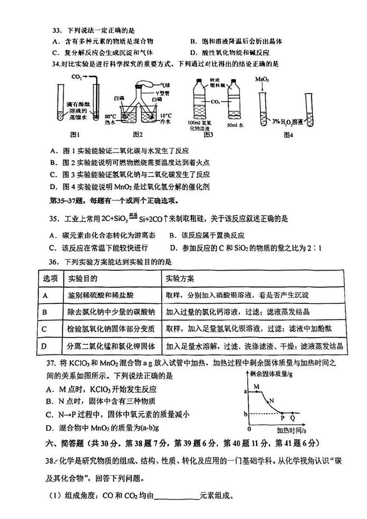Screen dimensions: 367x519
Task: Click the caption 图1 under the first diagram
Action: click(75, 135)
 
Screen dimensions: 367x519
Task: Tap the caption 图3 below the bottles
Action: click(208, 135)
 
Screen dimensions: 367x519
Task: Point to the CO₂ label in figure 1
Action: click(77, 78)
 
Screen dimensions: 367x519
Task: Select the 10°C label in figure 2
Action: click(165, 115)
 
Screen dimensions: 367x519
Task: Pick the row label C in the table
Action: click(45, 329)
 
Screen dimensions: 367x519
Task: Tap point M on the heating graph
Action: click(256, 386)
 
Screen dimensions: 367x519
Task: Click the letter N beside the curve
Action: click(272, 400)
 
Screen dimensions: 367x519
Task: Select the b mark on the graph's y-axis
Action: click(245, 412)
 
